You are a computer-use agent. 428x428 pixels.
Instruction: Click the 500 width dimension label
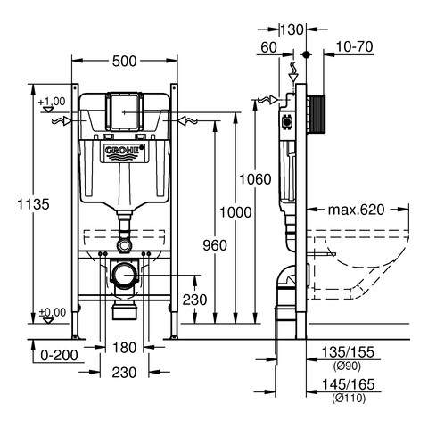click(x=125, y=62)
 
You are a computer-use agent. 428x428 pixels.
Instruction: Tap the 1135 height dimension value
click(x=33, y=204)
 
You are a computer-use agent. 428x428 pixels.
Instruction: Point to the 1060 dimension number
click(x=255, y=179)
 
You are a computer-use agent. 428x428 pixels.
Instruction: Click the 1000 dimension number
click(x=235, y=212)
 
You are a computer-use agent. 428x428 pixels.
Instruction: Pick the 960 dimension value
click(x=215, y=245)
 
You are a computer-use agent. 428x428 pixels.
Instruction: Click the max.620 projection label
click(x=356, y=210)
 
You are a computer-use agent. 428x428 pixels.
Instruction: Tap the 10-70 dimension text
click(x=355, y=47)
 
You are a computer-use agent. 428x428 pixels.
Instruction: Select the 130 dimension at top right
click(x=292, y=29)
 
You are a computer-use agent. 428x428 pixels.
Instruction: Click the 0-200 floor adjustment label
click(x=59, y=355)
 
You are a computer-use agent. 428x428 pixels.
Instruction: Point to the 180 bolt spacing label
click(x=124, y=348)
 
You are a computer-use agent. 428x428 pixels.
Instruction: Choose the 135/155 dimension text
click(x=348, y=352)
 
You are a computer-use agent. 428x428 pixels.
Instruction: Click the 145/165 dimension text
click(x=348, y=384)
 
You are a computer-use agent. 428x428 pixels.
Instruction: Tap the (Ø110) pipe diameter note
click(x=349, y=398)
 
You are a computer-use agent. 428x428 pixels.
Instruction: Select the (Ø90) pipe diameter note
click(x=347, y=366)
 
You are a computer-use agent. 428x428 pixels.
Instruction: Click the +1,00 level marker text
click(x=52, y=102)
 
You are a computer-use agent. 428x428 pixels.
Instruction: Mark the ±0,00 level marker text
click(x=53, y=313)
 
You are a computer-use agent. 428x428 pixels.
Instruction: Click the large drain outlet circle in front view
click(x=125, y=276)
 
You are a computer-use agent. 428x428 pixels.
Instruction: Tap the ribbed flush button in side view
click(x=317, y=114)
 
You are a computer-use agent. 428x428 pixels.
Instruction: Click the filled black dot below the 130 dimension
click(x=306, y=54)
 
